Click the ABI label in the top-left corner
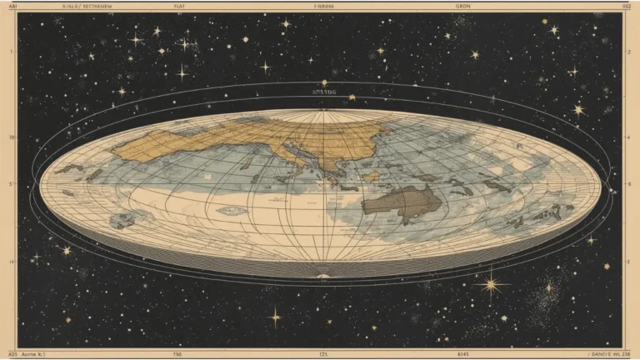(12, 5)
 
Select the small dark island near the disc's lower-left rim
(125, 220)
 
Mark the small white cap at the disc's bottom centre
(322, 274)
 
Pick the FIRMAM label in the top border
(323, 5)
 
